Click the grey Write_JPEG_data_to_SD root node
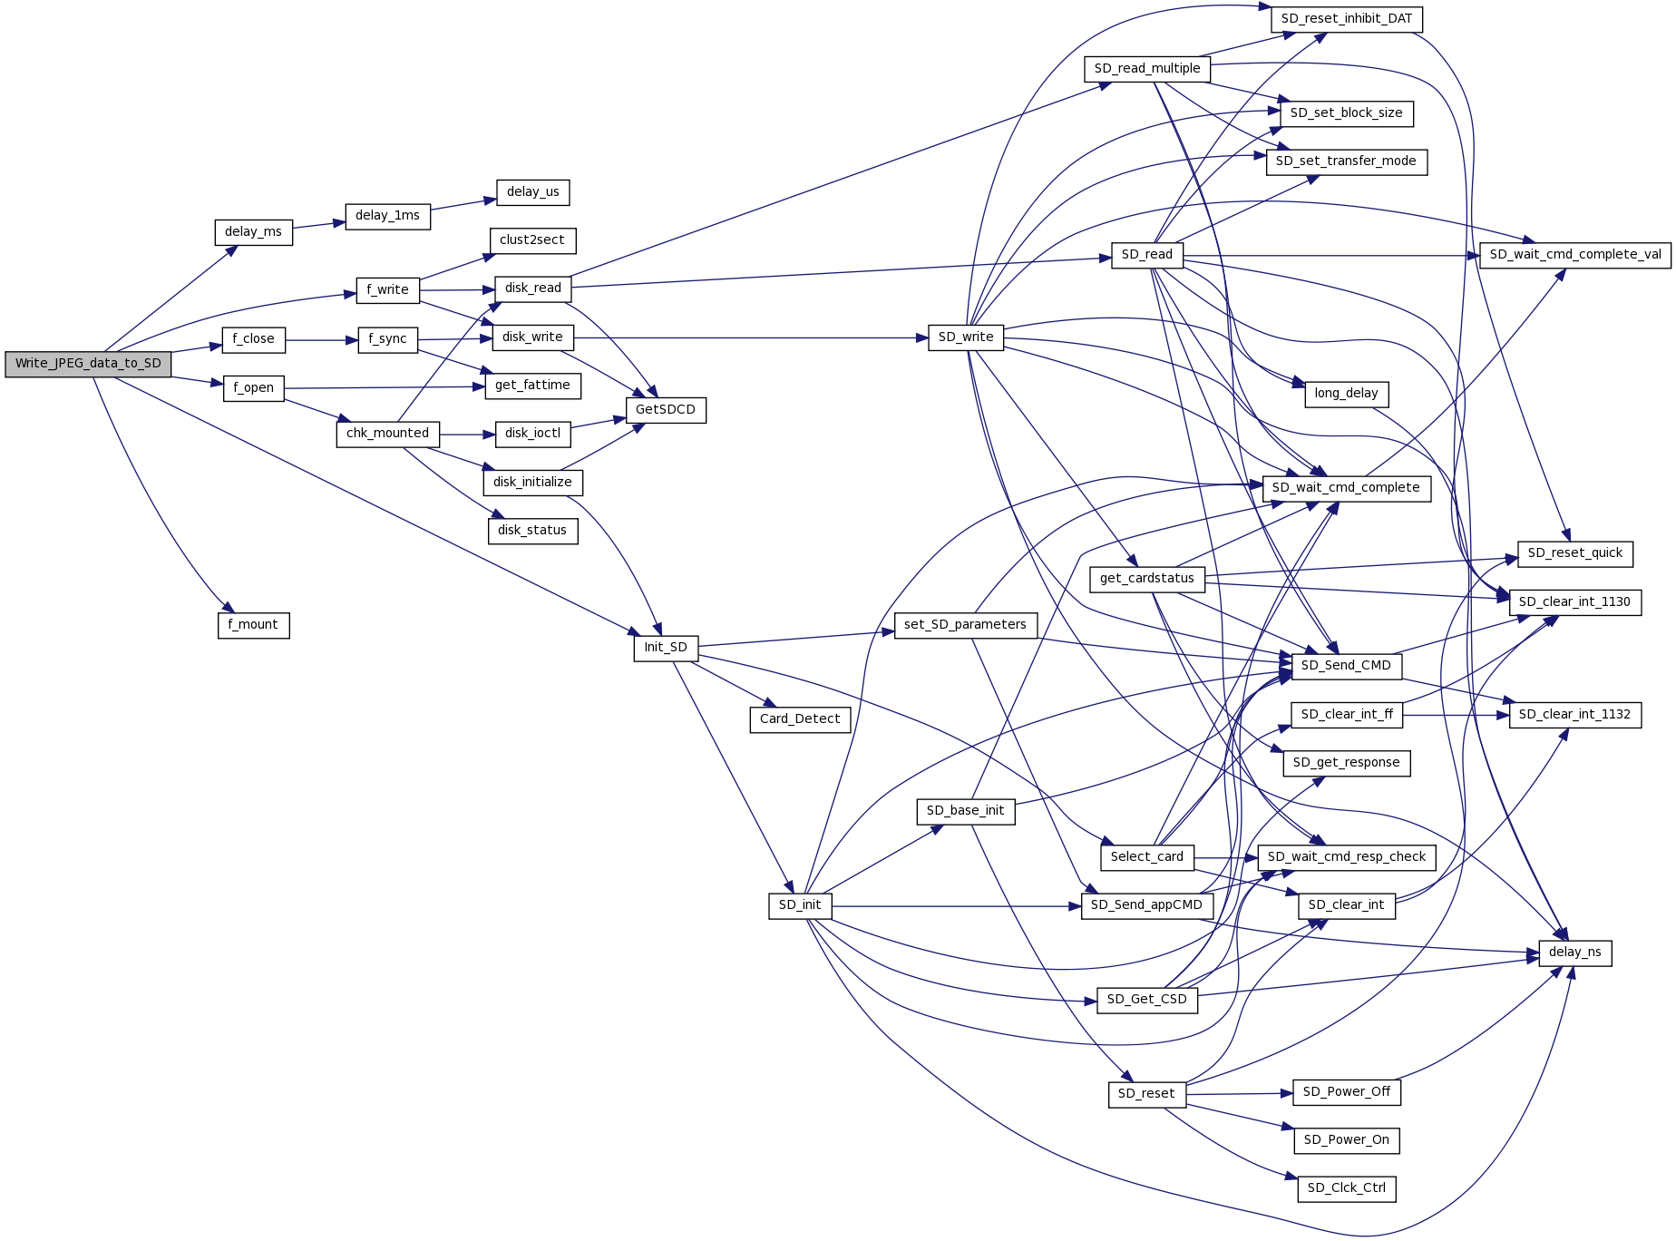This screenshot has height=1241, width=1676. (88, 364)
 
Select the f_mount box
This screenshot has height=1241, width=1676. (253, 625)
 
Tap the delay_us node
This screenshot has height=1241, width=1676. (533, 192)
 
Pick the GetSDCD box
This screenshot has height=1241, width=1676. (666, 410)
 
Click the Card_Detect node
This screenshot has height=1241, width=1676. (800, 719)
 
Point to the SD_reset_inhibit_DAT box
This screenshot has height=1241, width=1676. (1346, 19)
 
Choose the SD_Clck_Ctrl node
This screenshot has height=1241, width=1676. (1346, 1188)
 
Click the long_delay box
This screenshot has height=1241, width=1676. (1346, 394)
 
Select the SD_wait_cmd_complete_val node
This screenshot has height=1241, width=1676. (1574, 255)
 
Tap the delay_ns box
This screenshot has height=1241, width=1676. (1574, 953)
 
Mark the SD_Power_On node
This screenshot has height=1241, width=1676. (1346, 1140)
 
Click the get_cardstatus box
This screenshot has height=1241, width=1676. (1146, 579)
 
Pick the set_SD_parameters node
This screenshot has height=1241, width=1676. (965, 625)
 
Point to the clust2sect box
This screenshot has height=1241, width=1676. (532, 240)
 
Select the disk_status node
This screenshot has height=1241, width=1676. (532, 531)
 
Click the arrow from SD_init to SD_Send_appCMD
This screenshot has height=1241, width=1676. (952, 905)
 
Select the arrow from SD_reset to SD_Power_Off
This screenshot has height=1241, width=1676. (1239, 1094)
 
